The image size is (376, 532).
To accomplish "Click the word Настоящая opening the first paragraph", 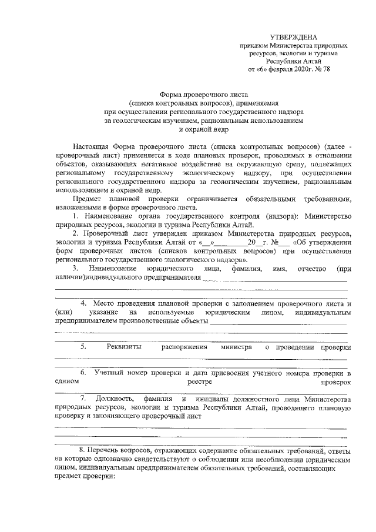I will [x=92, y=145].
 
